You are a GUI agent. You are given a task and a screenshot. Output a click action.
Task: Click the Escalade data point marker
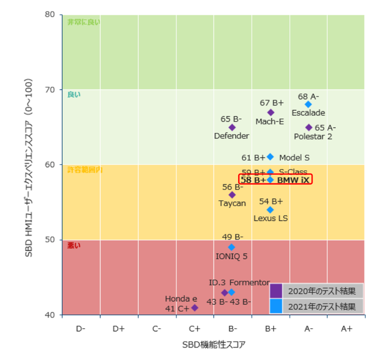308,104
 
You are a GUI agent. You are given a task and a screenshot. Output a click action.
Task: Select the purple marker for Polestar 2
309,128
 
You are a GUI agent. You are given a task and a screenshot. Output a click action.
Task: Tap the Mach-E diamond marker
271,112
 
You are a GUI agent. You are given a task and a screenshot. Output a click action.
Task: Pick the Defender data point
232,127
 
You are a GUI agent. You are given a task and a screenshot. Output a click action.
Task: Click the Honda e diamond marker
194,308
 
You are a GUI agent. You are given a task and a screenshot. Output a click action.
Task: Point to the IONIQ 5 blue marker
232,247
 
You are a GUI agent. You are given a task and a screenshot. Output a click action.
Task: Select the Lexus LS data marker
271,210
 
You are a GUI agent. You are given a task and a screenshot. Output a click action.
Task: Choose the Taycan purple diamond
232,195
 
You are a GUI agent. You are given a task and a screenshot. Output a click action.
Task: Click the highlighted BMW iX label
293,179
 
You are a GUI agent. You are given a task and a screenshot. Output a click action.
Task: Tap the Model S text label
294,158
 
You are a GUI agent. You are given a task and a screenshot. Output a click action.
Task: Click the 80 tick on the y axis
50,14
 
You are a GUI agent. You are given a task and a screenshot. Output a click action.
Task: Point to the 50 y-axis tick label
50,240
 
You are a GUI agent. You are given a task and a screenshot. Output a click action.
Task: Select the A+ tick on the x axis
347,328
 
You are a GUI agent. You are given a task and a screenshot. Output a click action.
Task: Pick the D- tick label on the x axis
81,328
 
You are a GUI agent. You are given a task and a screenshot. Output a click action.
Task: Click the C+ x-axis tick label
194,328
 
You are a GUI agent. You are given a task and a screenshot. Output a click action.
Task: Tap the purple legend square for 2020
276,291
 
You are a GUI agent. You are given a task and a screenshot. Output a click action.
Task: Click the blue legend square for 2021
276,305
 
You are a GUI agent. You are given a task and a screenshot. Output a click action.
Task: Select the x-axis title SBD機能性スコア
214,346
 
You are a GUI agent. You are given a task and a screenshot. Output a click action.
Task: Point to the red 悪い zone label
74,245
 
